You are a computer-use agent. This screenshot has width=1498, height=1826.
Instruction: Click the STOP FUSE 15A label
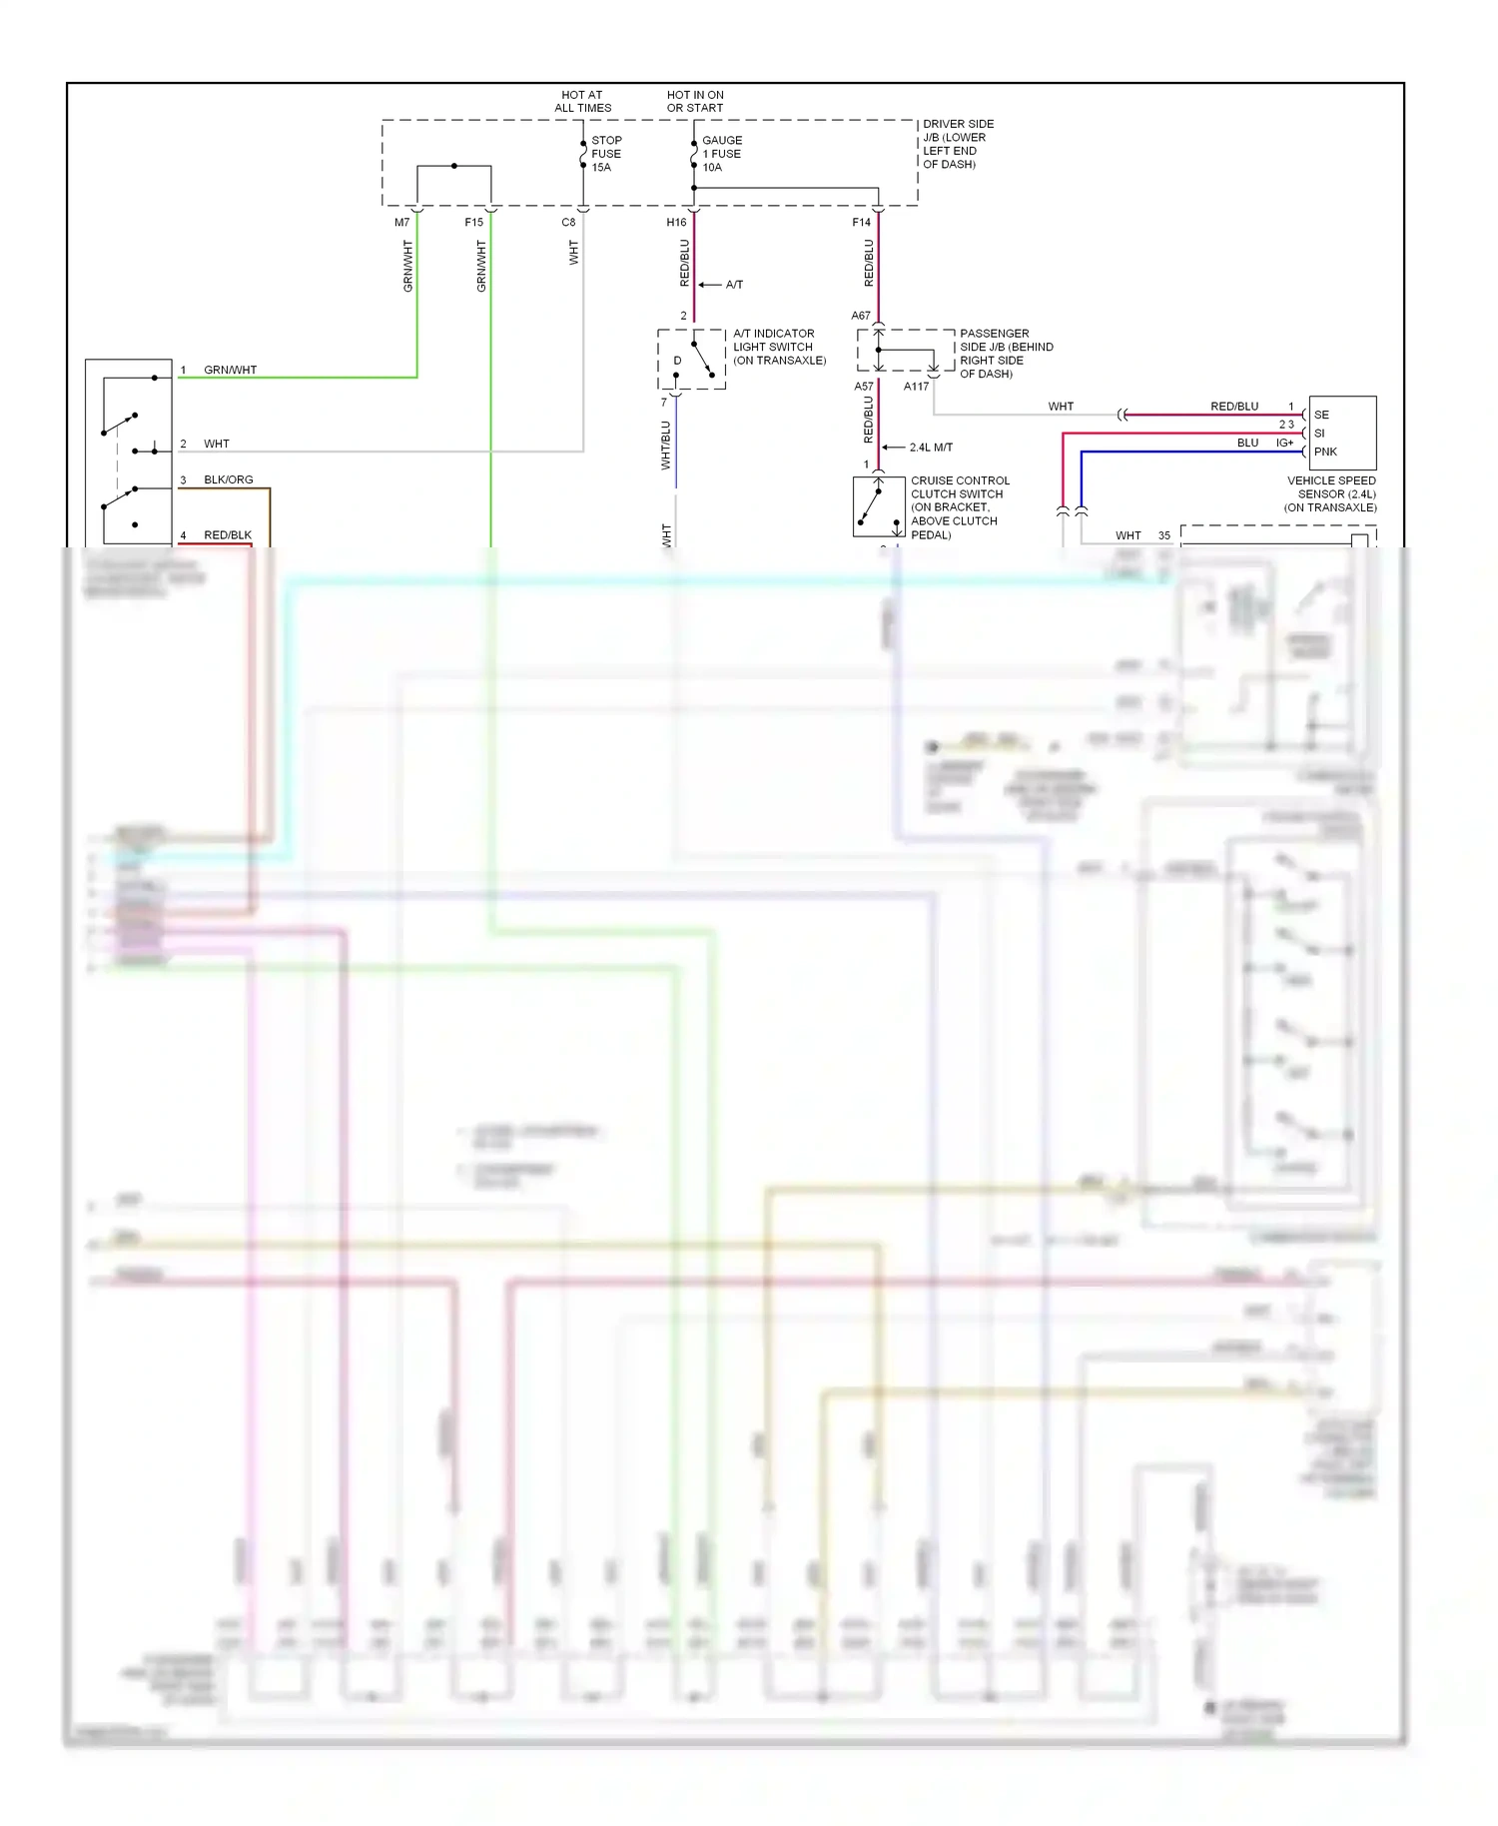pos(606,154)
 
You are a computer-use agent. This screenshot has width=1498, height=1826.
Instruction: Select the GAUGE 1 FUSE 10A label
pos(721,154)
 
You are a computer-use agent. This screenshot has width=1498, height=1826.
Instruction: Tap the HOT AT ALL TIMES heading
pos(582,101)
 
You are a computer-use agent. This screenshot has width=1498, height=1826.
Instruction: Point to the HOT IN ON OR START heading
pos(695,101)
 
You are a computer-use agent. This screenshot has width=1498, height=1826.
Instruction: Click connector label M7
pos(401,223)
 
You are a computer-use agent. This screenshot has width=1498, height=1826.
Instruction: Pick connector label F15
pos(473,223)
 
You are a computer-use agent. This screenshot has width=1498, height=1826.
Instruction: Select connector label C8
pos(568,223)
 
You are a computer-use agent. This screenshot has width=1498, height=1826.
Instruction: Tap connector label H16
pos(676,223)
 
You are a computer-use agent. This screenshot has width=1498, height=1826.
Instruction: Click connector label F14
pos(861,223)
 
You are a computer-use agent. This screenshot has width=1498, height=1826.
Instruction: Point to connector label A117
pos(916,387)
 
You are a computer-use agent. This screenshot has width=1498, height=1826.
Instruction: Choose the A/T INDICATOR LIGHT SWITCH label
pos(779,347)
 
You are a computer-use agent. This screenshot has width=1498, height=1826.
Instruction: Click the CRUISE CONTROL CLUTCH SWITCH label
pos(959,507)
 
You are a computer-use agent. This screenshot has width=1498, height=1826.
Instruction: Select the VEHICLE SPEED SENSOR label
pos(1331,493)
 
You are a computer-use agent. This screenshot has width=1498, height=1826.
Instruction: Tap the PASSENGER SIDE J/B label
pos(1006,354)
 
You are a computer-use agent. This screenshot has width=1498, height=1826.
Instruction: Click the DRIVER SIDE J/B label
pos(957,144)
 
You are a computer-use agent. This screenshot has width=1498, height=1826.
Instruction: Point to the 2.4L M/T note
pos(931,448)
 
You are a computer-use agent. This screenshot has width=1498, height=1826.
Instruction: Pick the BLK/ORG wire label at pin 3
pos(229,479)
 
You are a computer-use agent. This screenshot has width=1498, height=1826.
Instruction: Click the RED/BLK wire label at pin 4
pos(228,535)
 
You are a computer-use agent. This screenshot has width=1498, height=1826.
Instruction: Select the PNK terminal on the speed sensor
pos(1325,452)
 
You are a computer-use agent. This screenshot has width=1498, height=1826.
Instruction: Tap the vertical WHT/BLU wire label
pos(666,445)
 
